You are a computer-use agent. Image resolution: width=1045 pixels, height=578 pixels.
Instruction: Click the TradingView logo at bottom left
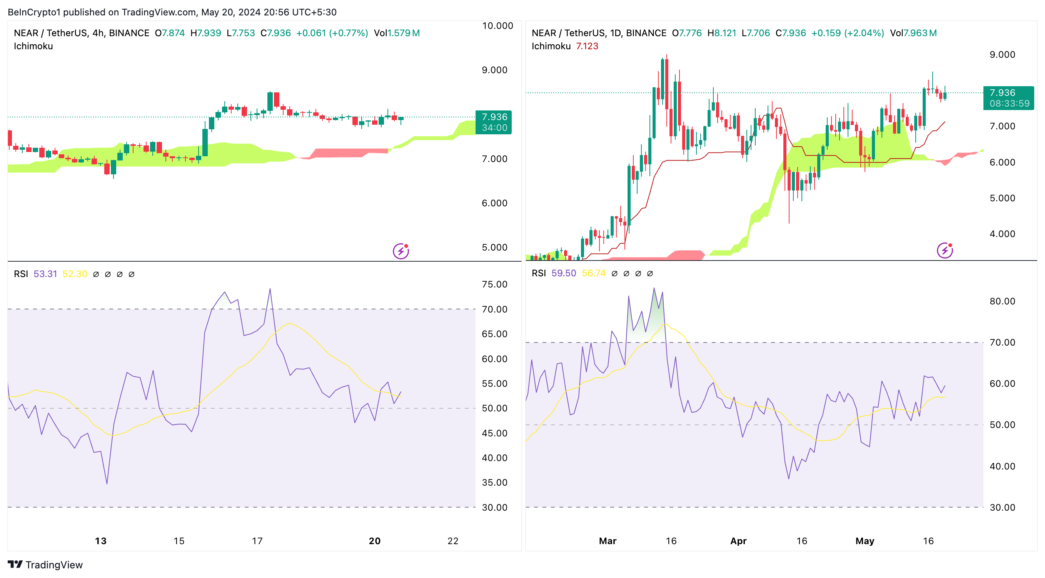pyautogui.click(x=45, y=565)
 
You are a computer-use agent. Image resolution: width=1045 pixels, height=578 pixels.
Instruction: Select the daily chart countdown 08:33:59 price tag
pyautogui.click(x=1009, y=104)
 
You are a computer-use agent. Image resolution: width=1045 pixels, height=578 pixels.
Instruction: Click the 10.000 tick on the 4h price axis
pyautogui.click(x=497, y=26)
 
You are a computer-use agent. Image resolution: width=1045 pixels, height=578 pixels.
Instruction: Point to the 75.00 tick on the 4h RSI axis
pyautogui.click(x=494, y=284)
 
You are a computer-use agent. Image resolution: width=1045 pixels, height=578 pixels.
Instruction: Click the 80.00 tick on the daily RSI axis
pyautogui.click(x=1002, y=301)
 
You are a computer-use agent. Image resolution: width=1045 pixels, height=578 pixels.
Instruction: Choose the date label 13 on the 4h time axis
pyautogui.click(x=100, y=541)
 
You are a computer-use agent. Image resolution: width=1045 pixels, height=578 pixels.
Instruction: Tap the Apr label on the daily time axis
pyautogui.click(x=738, y=541)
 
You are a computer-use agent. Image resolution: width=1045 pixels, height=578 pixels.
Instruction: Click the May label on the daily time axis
pyautogui.click(x=865, y=541)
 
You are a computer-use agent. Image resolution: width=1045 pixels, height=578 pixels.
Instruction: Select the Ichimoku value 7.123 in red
pyautogui.click(x=587, y=46)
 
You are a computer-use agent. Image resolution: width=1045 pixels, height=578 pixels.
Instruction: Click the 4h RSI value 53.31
pyautogui.click(x=45, y=274)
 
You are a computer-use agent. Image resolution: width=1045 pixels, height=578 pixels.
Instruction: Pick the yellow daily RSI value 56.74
pyautogui.click(x=594, y=273)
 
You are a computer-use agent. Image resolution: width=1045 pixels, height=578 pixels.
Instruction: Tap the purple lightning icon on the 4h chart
pyautogui.click(x=401, y=251)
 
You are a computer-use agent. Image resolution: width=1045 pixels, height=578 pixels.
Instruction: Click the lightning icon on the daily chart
pyautogui.click(x=945, y=250)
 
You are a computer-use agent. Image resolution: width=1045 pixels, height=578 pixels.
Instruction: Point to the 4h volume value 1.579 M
pyautogui.click(x=404, y=33)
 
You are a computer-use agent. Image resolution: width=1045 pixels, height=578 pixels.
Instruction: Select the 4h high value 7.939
pyautogui.click(x=209, y=33)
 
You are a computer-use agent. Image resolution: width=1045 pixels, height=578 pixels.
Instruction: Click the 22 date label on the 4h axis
pyautogui.click(x=453, y=541)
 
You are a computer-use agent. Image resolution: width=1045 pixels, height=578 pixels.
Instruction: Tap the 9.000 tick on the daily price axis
pyautogui.click(x=1002, y=55)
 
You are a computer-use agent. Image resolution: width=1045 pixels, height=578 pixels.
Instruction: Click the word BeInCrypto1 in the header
pyautogui.click(x=34, y=12)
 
